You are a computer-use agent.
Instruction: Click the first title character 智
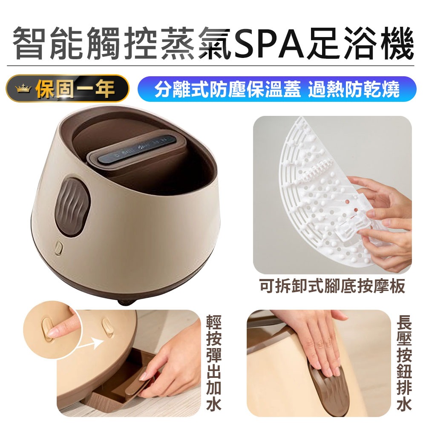click(x=29, y=44)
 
